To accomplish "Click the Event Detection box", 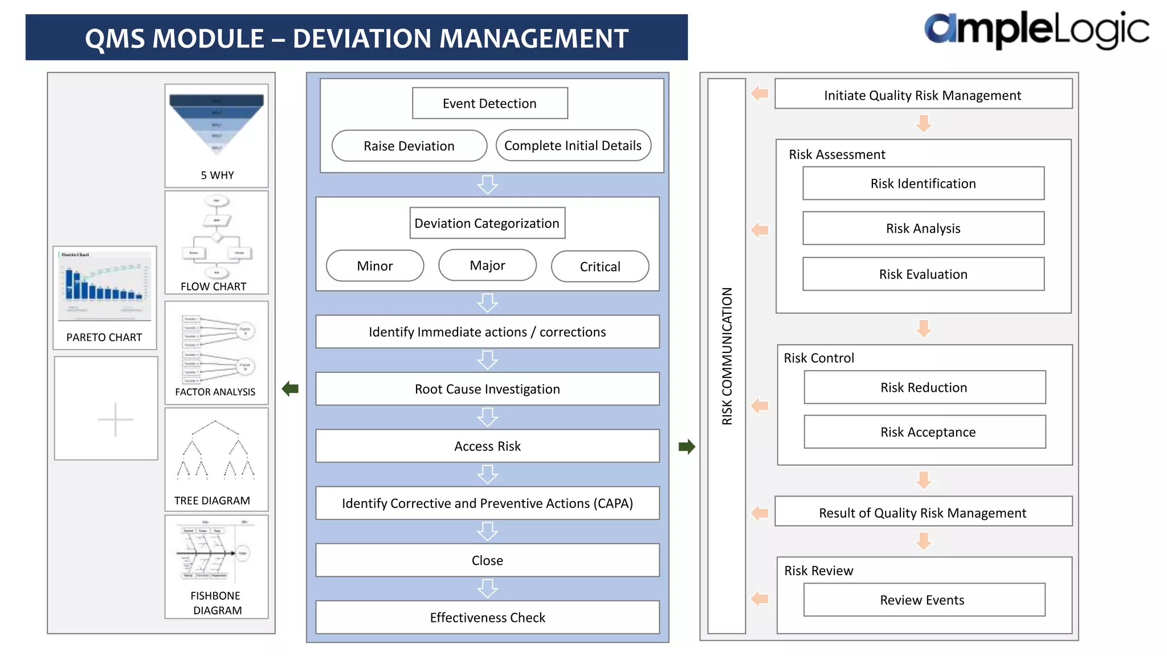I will click(x=489, y=103).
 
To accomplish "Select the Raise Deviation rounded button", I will click(x=409, y=146).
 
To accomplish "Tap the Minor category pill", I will click(x=375, y=266).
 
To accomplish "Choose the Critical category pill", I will click(x=599, y=266).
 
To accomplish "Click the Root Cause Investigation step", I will click(x=487, y=389).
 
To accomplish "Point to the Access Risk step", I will click(x=487, y=446).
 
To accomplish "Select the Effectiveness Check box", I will click(x=487, y=617).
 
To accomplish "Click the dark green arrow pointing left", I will click(x=290, y=389).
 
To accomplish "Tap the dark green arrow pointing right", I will click(x=687, y=446).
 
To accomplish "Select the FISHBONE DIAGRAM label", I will click(x=217, y=603).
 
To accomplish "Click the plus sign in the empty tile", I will click(x=116, y=420).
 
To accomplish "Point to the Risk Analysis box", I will click(x=923, y=228).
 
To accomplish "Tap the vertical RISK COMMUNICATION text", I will click(x=727, y=356).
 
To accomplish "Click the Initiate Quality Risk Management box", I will click(x=923, y=95).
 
